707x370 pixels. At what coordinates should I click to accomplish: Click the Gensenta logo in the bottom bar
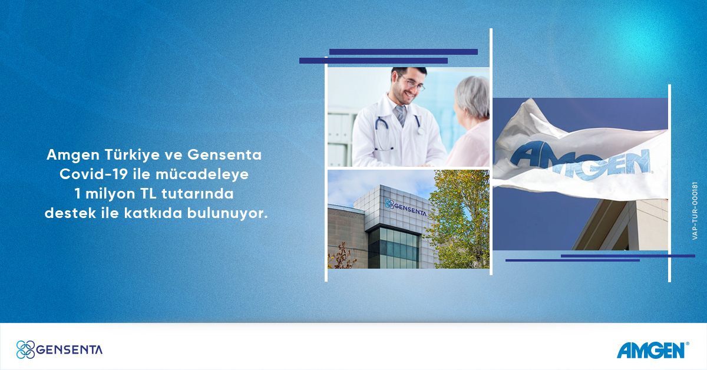[60, 349]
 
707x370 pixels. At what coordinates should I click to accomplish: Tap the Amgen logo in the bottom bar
[653, 350]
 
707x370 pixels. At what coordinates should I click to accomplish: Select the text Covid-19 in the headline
[94, 174]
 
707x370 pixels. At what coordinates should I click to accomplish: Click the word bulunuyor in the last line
[227, 213]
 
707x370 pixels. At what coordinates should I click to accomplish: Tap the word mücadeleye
[202, 174]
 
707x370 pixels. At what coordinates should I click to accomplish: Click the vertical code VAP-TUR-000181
[695, 211]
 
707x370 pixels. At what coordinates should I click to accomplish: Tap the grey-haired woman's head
[471, 98]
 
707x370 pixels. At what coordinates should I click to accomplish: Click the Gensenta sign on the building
[405, 207]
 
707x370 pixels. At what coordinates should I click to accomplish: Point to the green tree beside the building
[460, 219]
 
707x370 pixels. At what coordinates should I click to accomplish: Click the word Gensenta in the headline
[224, 155]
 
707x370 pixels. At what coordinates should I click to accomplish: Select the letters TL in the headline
[148, 194]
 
